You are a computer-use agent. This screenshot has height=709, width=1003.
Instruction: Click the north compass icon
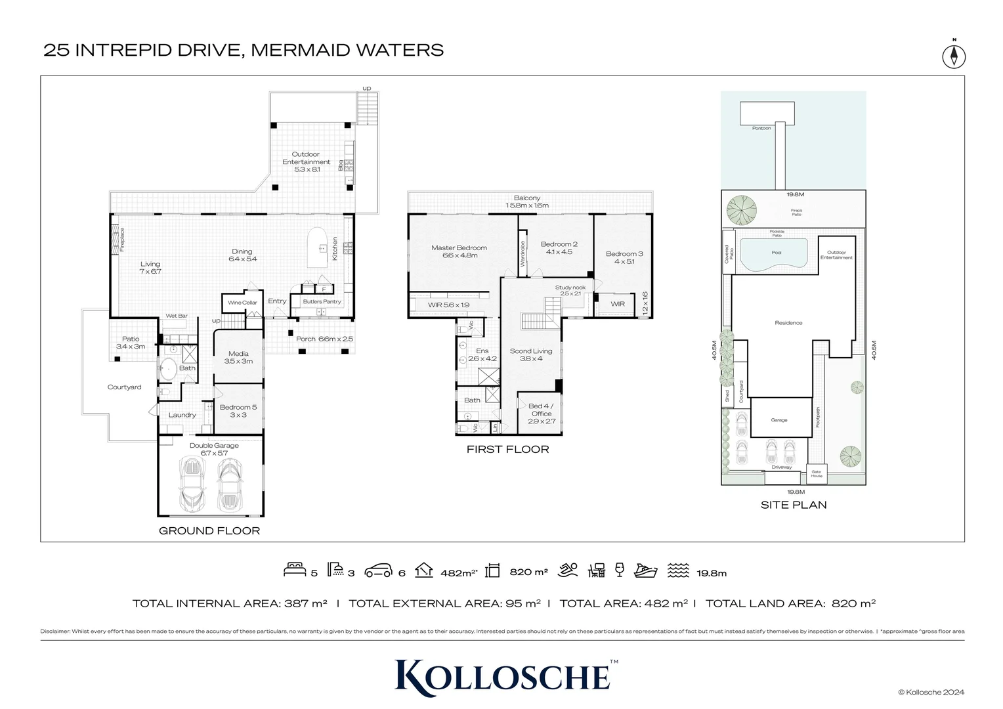954,56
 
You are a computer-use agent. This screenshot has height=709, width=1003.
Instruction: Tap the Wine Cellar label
242,303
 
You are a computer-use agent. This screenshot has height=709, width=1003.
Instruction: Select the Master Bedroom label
459,251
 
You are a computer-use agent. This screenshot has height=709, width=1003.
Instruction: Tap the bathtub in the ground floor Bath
168,369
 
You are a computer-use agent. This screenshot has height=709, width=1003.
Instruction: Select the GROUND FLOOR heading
209,530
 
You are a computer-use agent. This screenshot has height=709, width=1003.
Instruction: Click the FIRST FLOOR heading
507,449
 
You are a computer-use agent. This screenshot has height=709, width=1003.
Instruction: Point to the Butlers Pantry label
322,302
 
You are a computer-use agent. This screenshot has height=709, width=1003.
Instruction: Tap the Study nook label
570,290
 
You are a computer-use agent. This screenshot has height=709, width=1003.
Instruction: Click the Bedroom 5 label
238,411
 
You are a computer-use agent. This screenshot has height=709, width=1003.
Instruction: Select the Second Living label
531,354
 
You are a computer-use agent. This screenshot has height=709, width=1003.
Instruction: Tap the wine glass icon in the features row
619,570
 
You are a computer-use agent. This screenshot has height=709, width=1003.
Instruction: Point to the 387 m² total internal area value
307,603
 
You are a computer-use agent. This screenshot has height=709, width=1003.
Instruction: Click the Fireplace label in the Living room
122,240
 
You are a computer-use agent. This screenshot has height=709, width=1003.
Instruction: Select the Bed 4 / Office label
542,413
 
